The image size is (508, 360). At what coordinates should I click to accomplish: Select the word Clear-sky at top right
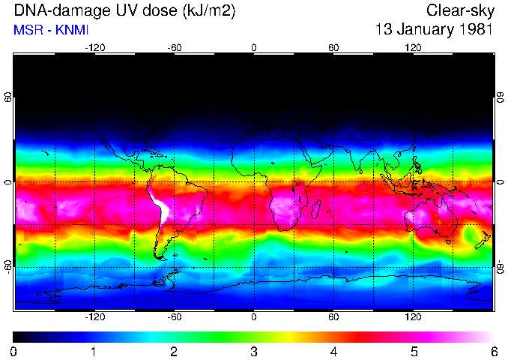click(459, 10)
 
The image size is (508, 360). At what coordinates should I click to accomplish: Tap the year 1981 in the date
click(476, 30)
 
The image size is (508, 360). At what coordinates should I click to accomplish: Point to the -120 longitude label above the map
click(94, 47)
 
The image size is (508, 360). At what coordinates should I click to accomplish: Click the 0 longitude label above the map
click(254, 47)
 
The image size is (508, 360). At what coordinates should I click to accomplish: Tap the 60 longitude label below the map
click(333, 317)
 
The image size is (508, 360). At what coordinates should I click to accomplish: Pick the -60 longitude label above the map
click(174, 47)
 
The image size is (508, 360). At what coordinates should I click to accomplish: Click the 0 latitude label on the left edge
click(8, 182)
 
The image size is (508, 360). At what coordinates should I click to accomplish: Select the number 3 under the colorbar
click(254, 351)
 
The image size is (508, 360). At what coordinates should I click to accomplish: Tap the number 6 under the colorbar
click(494, 351)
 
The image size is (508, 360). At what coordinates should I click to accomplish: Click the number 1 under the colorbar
click(94, 351)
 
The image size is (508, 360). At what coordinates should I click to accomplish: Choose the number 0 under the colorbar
click(14, 351)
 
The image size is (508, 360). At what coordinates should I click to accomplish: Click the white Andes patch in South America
click(160, 205)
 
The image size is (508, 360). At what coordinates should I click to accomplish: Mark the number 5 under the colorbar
click(414, 351)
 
